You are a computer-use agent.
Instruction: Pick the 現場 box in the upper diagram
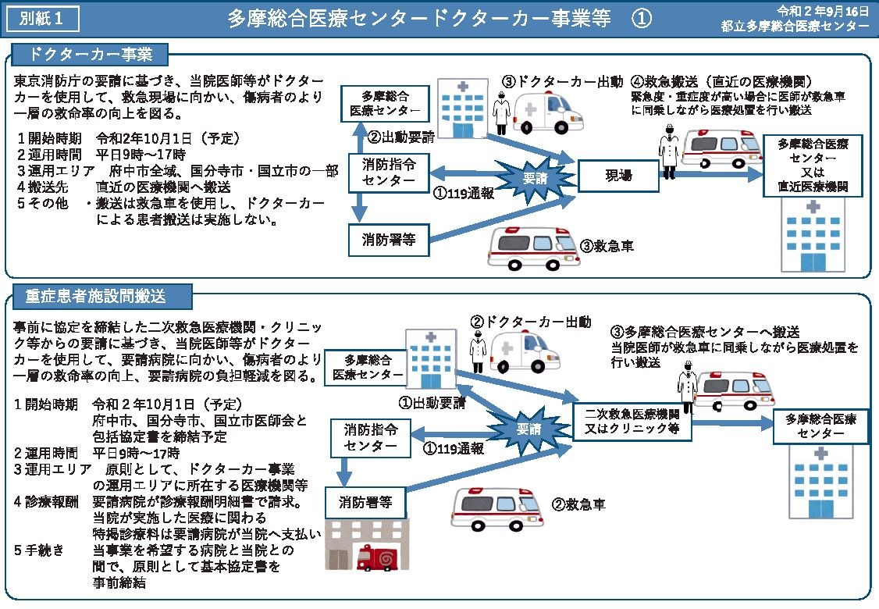pyautogui.click(x=618, y=176)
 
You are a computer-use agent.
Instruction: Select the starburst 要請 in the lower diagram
pyautogui.click(x=528, y=429)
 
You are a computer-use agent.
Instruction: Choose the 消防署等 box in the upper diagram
pyautogui.click(x=388, y=240)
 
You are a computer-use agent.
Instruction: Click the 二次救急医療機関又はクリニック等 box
pyautogui.click(x=632, y=421)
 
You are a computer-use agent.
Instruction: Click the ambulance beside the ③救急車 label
pyautogui.click(x=528, y=248)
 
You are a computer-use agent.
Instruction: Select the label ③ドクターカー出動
pyautogui.click(x=562, y=81)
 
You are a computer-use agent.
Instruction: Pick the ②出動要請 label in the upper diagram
pyautogui.click(x=401, y=136)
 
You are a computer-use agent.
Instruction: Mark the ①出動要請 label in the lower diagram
pyautogui.click(x=432, y=403)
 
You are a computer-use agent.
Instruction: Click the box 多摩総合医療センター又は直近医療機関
pyautogui.click(x=813, y=166)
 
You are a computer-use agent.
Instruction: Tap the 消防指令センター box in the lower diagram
pyautogui.click(x=370, y=438)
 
